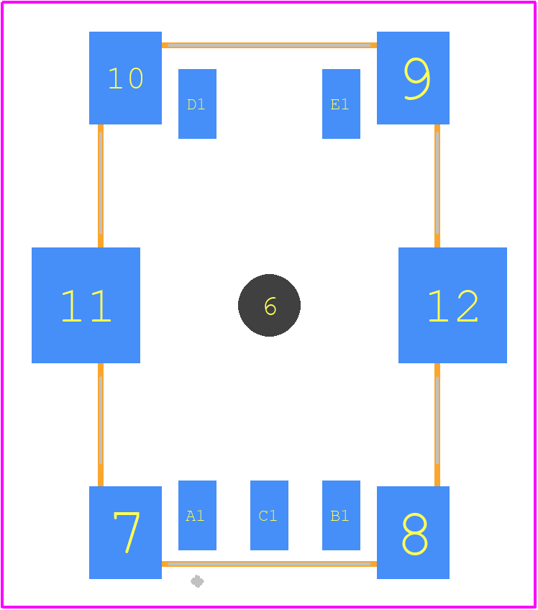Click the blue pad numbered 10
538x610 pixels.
pyautogui.click(x=125, y=78)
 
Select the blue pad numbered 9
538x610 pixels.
pyautogui.click(x=413, y=78)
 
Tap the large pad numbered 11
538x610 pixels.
pyautogui.click(x=86, y=306)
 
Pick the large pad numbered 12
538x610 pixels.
pyautogui.click(x=453, y=306)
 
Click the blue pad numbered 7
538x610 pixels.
pyautogui.click(x=125, y=532)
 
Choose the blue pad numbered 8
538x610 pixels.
pyautogui.click(x=413, y=532)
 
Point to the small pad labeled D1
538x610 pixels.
pyautogui.click(x=197, y=104)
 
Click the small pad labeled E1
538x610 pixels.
pyautogui.click(x=341, y=104)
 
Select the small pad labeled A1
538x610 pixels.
pyautogui.click(x=197, y=516)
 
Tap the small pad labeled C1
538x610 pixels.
pyautogui.click(x=269, y=516)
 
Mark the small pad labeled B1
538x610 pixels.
pyautogui.click(x=341, y=516)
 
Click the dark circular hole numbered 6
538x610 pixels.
pyautogui.click(x=269, y=306)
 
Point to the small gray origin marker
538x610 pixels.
pyautogui.click(x=197, y=582)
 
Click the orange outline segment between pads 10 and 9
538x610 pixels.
pyautogui.click(x=269, y=45)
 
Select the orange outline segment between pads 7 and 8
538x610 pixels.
pyautogui.click(x=269, y=564)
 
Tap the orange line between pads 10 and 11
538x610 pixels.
pyautogui.click(x=101, y=186)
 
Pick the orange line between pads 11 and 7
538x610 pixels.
pyautogui.click(x=101, y=425)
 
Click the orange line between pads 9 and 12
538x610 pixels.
pyautogui.click(x=437, y=186)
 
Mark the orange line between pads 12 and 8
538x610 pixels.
pyautogui.click(x=437, y=425)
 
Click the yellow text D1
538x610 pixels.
pyautogui.click(x=196, y=104)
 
